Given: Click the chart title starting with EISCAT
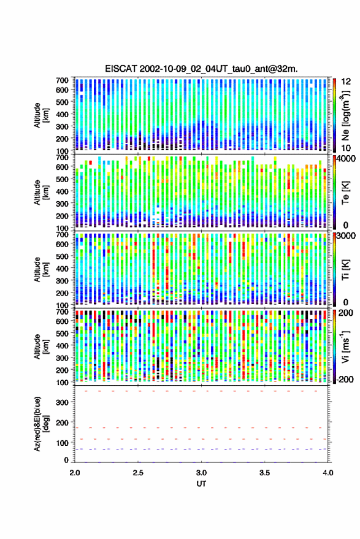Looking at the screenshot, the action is point(201,69).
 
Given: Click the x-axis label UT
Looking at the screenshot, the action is point(201,484).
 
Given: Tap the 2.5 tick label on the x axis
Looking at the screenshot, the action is point(138,473).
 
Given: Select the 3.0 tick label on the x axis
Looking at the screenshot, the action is point(201,473).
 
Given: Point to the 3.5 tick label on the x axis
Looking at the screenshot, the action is point(264,473).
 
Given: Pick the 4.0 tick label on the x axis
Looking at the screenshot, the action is point(327,473).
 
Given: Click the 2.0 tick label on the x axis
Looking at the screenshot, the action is point(75,473).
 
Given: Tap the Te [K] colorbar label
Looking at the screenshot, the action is point(345,193).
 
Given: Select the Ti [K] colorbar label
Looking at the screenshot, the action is point(345,270).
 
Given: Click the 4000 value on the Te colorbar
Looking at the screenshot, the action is point(347,159).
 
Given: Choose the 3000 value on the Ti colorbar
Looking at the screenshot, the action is point(347,236).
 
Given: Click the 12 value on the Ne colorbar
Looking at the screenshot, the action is point(347,82).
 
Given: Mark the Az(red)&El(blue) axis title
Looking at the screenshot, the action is point(41,424).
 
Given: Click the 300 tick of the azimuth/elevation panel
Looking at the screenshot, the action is point(62,402).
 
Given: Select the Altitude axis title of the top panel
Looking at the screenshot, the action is point(41,115).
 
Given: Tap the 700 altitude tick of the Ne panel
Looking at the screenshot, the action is point(62,80).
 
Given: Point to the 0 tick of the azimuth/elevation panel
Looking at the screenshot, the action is point(66,460).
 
